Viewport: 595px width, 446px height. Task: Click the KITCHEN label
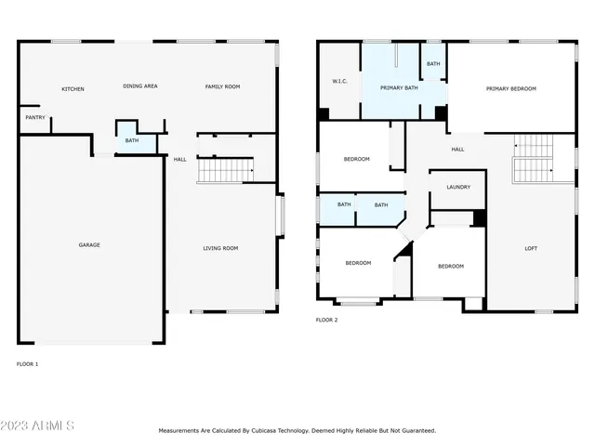(73, 89)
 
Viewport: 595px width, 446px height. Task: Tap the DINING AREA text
(140, 86)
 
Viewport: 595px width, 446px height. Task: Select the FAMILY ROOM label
(222, 86)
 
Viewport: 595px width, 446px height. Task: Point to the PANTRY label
(35, 118)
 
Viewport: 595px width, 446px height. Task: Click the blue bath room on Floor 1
(132, 139)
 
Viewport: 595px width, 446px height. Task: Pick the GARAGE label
(89, 245)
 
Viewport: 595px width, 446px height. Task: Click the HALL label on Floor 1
(179, 159)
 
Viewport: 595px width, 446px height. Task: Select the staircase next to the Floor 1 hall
(225, 170)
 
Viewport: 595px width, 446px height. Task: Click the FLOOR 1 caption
(28, 364)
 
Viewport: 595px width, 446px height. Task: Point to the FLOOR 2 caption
(326, 320)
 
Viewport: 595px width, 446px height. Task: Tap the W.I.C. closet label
(339, 81)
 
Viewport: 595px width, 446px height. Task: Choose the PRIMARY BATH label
(398, 88)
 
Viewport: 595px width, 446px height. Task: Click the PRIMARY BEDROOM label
(511, 88)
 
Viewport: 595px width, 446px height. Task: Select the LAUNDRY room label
(457, 187)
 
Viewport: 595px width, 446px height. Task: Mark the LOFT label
(531, 248)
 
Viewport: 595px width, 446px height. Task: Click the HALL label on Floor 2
(457, 149)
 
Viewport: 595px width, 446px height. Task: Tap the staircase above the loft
(533, 158)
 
